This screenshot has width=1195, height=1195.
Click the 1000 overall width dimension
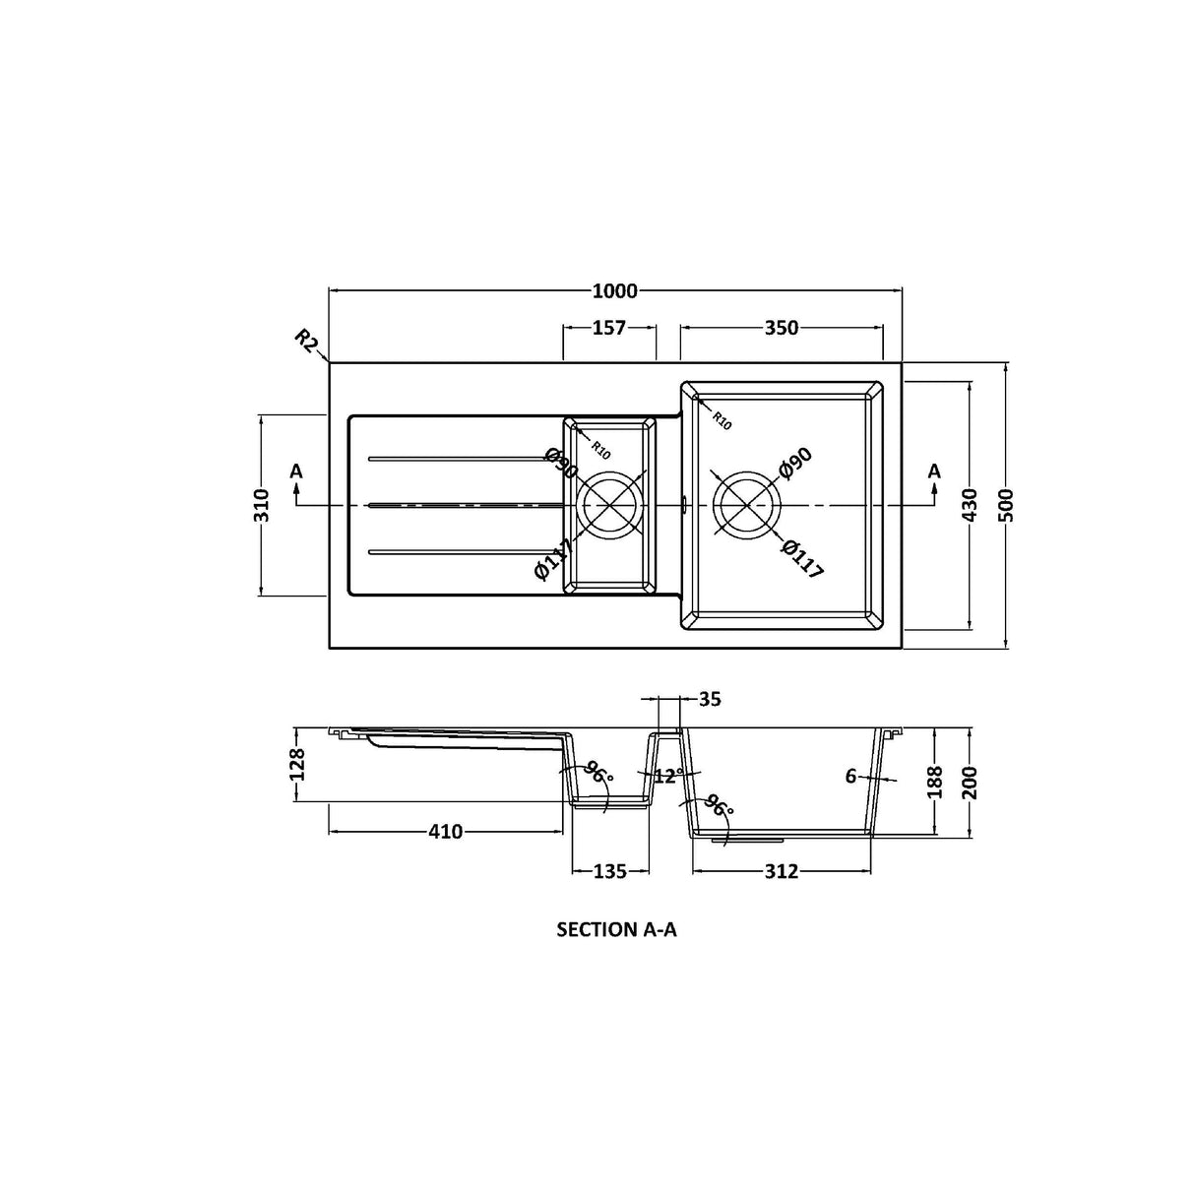point(615,291)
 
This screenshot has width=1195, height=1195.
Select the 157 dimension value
point(609,329)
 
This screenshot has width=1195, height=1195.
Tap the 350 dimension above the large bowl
point(781,329)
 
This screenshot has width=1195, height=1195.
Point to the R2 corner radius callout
point(307,342)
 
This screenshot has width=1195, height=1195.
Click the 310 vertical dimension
point(262,506)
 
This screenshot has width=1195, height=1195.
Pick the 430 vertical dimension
point(971,505)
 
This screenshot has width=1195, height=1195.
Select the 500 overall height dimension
point(1006,505)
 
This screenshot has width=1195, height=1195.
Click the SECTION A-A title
point(616,929)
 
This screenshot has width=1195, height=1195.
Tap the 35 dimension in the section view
point(710,700)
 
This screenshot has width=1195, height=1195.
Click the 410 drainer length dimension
point(445,833)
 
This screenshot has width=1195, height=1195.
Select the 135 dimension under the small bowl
point(610,871)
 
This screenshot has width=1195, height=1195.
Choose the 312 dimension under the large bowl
point(782,871)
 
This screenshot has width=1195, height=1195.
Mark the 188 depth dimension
point(935,783)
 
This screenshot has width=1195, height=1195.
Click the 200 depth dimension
point(971,783)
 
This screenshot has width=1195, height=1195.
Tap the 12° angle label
point(668,777)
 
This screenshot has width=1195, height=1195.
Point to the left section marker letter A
point(296,472)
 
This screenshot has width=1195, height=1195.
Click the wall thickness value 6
point(850,777)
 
